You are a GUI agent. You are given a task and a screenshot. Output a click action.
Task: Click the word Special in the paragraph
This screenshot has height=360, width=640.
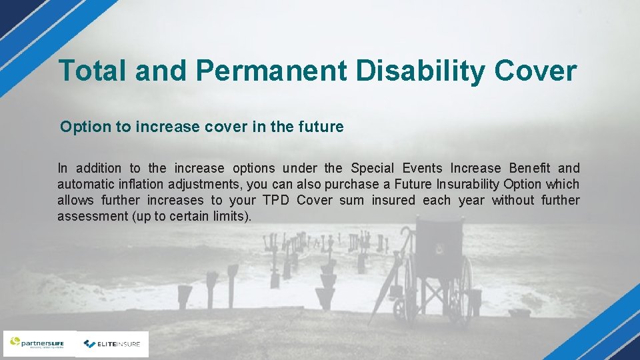tap(372, 169)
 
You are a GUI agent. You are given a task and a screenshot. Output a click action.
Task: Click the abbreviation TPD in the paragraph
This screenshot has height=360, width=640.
tap(276, 201)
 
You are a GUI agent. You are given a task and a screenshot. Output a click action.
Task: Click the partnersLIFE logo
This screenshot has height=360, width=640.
tap(39, 343)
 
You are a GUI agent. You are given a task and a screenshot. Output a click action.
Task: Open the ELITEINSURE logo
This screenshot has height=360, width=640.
tap(112, 344)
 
